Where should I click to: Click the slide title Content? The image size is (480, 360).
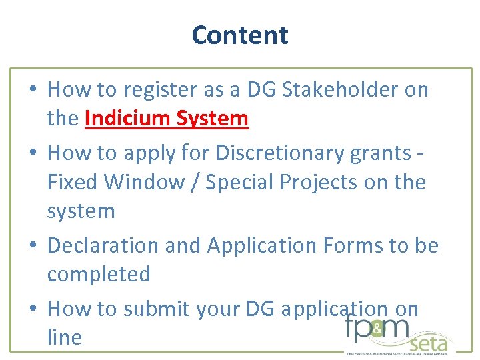pyautogui.click(x=240, y=35)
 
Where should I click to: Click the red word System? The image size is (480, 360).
pyautogui.click(x=212, y=119)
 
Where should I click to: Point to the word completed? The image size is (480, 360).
pyautogui.click(x=99, y=274)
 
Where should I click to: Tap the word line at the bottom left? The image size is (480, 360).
pyautogui.click(x=64, y=337)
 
